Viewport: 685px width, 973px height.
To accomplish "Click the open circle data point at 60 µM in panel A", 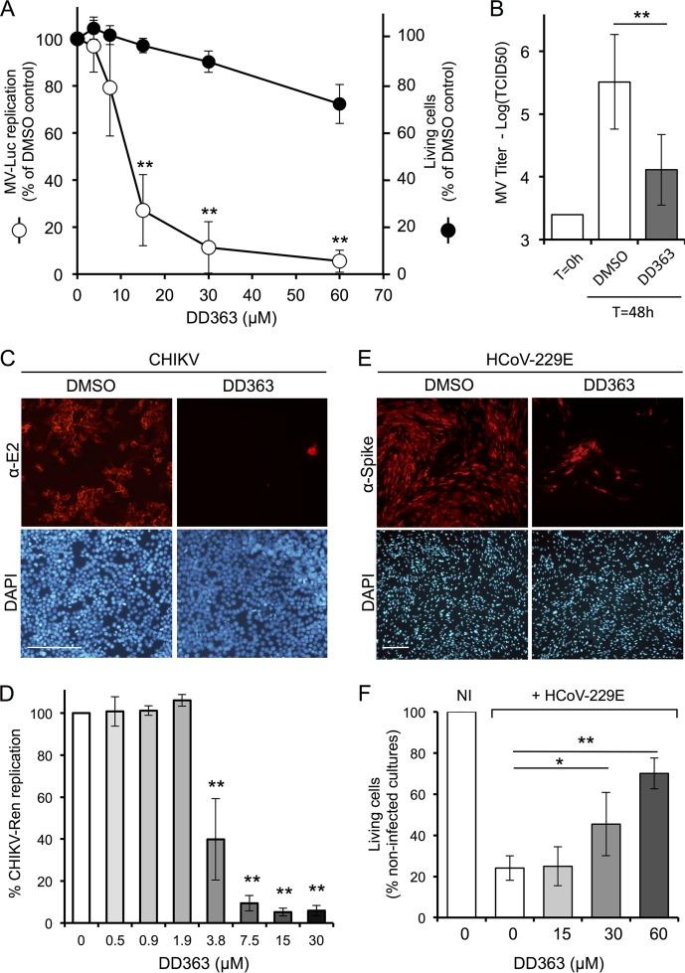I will [340, 260].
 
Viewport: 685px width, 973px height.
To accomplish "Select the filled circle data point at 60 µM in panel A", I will [340, 104].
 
